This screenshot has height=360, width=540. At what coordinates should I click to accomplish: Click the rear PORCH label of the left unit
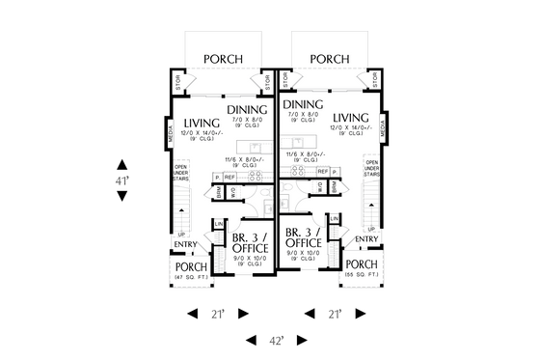click(x=223, y=59)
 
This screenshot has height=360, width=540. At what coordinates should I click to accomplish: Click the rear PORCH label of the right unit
click(x=330, y=59)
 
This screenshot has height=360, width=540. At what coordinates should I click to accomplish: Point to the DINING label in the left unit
click(x=247, y=110)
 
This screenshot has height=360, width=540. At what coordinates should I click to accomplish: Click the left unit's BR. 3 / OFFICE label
click(x=250, y=242)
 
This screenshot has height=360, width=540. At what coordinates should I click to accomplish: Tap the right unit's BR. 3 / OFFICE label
click(x=304, y=237)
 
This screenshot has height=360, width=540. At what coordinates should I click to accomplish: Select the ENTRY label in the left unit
click(x=185, y=244)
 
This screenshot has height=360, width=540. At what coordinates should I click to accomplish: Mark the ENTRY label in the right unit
click(x=366, y=238)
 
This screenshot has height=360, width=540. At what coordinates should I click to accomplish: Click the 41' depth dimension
click(x=123, y=180)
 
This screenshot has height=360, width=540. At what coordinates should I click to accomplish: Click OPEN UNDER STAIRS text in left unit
click(x=179, y=173)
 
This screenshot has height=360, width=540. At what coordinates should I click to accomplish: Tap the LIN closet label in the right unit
click(x=333, y=220)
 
